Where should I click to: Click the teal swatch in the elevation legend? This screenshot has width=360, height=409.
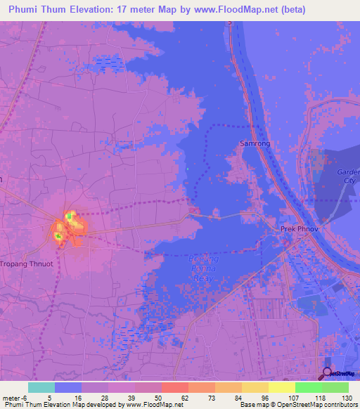pyautogui.click(x=41, y=387)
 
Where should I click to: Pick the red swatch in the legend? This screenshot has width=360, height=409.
pyautogui.click(x=174, y=387)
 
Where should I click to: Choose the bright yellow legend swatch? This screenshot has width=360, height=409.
pyautogui.click(x=281, y=387)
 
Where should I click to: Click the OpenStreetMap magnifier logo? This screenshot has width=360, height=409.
pyautogui.click(x=328, y=372)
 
